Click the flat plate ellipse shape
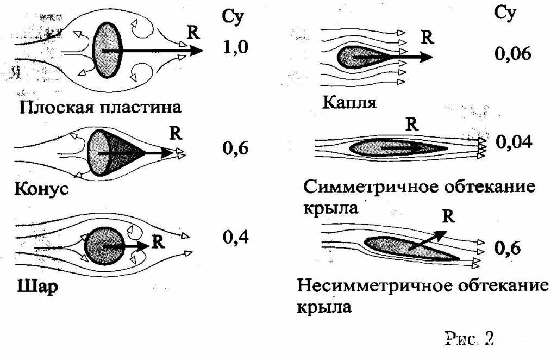[106, 50]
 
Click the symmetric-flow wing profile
[397, 147]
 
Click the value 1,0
[235, 48]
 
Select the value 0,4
[235, 238]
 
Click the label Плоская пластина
[100, 106]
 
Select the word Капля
[348, 102]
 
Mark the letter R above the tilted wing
[447, 216]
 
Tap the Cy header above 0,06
[505, 14]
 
